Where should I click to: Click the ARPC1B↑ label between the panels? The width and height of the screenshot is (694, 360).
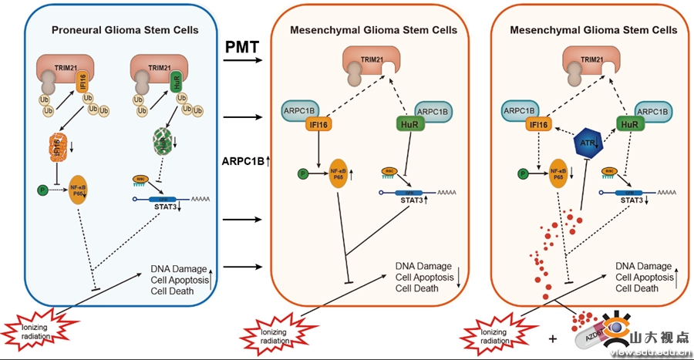coord(241,160)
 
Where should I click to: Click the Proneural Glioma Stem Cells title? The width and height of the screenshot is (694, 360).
coord(125,30)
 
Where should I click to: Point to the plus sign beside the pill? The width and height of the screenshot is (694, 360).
coord(553,338)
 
